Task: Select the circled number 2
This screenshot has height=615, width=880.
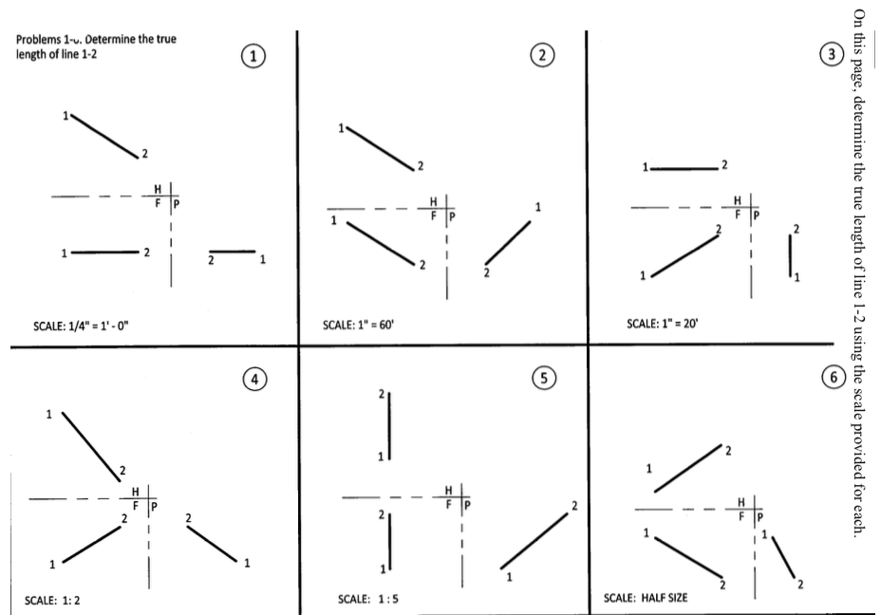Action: point(542,56)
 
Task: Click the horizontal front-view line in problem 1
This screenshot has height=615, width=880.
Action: point(104,253)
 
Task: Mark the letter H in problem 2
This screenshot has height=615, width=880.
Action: point(434,201)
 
